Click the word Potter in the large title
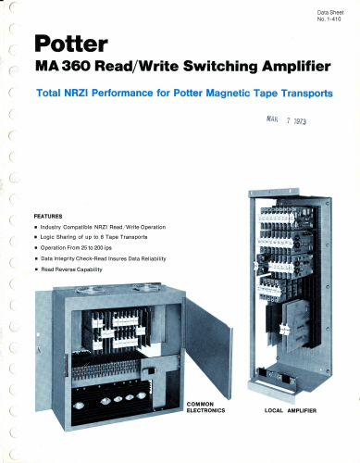coord(71,44)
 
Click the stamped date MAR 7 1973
coord(286,119)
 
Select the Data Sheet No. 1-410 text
coord(330,16)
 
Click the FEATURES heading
coord(48,217)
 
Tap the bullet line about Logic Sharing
coord(92,237)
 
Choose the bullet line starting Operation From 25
coord(73,248)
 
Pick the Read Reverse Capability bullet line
coord(68,269)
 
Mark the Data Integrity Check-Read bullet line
coord(101,258)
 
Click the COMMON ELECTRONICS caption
coord(205,407)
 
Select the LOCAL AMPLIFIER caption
coord(291,410)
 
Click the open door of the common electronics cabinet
coord(207,345)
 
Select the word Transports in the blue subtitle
coord(306,94)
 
